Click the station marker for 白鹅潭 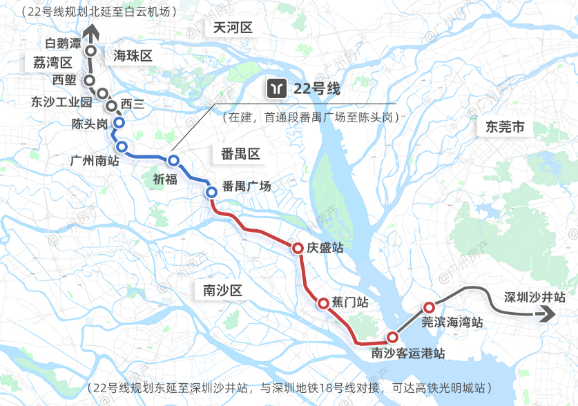tap(90, 51)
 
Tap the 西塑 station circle tap(89, 80)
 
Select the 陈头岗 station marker tap(118, 123)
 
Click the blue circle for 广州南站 tap(122, 146)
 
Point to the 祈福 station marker tap(173, 161)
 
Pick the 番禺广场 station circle tap(211, 193)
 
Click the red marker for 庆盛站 tap(297, 249)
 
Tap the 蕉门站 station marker tap(322, 302)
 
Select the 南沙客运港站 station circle tap(392, 338)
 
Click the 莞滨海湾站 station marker tap(429, 307)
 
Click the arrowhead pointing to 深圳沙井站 tap(548, 314)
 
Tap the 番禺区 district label tap(240, 154)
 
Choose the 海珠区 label tap(132, 56)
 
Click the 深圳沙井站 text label tap(534, 297)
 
